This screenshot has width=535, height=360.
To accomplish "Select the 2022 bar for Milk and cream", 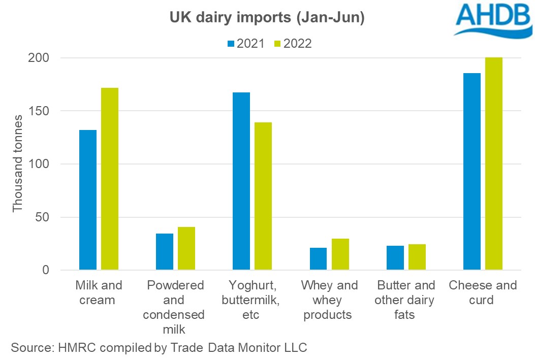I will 110,179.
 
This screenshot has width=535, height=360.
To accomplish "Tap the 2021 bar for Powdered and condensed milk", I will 165,252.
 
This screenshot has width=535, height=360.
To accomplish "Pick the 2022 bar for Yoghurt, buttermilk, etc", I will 263,196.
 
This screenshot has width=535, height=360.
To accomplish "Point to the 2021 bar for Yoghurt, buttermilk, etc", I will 241,181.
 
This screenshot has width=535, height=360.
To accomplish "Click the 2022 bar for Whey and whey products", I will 340,254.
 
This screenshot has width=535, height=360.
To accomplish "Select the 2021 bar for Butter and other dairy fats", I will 395,258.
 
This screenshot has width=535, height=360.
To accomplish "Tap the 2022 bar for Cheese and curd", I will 494,163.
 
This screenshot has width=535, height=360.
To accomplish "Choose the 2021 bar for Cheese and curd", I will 472,171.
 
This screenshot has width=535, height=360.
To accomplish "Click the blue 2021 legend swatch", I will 231,44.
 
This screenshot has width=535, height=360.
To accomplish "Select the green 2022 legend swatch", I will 277,44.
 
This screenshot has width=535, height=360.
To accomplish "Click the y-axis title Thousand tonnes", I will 18,163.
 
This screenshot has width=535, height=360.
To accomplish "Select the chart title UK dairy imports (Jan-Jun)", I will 267,18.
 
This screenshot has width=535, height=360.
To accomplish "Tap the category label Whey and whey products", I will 329,300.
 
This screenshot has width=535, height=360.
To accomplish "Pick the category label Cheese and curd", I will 482,292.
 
